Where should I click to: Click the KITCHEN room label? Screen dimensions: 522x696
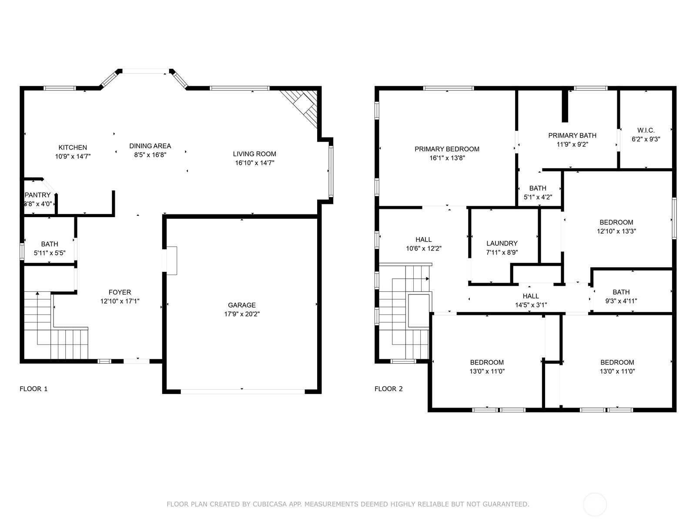click(x=73, y=147)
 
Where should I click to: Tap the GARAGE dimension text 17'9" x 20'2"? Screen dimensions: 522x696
click(x=242, y=314)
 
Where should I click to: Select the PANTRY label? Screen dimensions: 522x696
click(x=38, y=195)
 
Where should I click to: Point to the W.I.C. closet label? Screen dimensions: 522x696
click(x=646, y=130)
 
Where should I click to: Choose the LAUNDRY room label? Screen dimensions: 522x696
click(x=502, y=243)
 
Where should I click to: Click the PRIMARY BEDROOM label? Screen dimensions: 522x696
click(x=447, y=149)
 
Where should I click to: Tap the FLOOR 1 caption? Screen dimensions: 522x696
click(x=33, y=389)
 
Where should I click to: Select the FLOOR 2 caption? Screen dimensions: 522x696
click(x=388, y=389)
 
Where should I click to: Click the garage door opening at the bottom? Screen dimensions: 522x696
click(x=242, y=391)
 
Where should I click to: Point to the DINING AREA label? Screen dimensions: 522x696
click(x=150, y=146)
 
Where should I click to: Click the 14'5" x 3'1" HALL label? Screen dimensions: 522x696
click(x=531, y=296)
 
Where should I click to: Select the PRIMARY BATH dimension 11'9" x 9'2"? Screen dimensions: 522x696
click(x=572, y=144)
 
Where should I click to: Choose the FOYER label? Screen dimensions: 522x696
click(x=120, y=292)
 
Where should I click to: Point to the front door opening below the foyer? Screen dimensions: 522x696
click(x=137, y=361)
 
